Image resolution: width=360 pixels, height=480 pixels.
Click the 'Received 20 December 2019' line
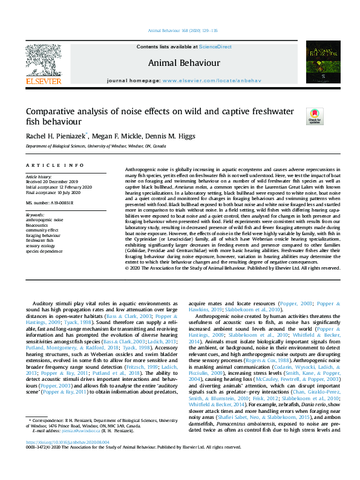[x=52, y=181]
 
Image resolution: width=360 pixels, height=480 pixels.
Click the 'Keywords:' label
[x=36, y=215]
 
